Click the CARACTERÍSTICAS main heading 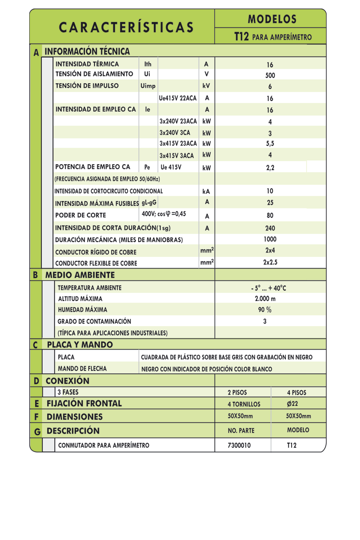(x=126, y=27)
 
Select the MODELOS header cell (x=272, y=19)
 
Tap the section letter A (x=36, y=52)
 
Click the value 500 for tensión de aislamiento (x=270, y=76)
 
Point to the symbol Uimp (x=148, y=85)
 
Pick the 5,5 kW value (x=270, y=144)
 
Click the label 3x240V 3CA (x=175, y=133)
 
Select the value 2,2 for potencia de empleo (x=270, y=167)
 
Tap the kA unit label (x=207, y=191)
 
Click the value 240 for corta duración (x=270, y=228)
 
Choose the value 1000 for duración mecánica (x=270, y=239)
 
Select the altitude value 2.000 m (x=265, y=298)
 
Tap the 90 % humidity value (x=265, y=310)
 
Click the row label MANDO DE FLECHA (x=82, y=369)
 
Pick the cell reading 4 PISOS (x=297, y=392)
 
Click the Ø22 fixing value (x=292, y=404)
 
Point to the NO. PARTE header (x=241, y=431)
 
